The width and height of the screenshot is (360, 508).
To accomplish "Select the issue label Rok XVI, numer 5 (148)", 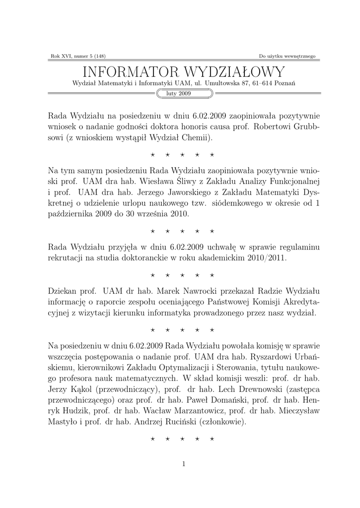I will [x=78, y=56].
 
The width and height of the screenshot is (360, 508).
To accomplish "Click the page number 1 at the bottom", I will [x=184, y=464].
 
